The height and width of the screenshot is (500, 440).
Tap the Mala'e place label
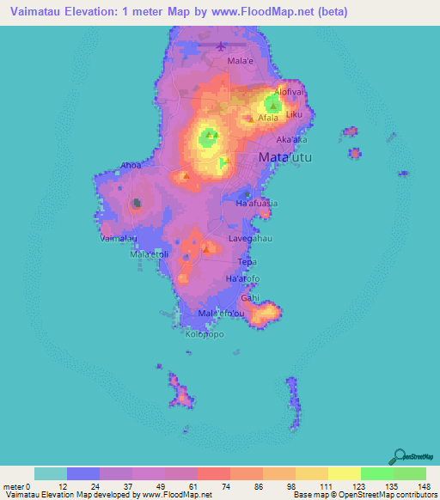coord(240,61)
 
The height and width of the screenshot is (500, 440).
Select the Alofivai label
coord(290,92)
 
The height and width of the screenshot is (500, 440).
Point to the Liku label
coord(294,114)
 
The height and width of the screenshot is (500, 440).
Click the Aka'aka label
coord(291,138)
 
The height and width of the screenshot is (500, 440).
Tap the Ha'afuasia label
coord(256,204)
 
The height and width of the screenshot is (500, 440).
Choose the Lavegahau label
coord(250,238)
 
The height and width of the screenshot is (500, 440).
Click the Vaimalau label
coord(119,238)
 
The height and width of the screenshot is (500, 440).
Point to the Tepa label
coord(247,261)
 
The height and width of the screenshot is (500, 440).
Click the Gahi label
coord(250,297)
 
